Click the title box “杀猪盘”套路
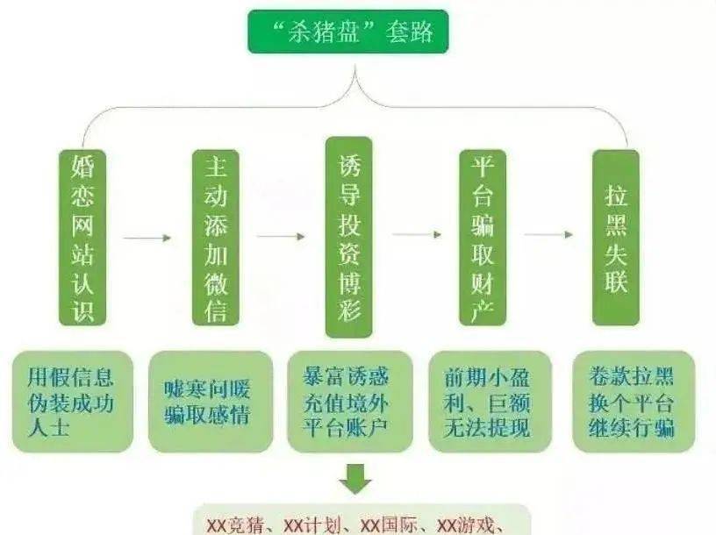click(348, 32)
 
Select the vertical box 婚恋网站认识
click(82, 238)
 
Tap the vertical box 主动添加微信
click(216, 238)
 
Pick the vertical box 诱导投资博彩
click(349, 237)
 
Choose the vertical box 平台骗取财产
click(483, 238)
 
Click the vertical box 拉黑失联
click(616, 238)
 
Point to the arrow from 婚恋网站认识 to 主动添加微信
click(147, 238)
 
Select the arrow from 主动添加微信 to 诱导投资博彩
click(281, 236)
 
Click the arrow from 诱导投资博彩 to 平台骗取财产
click(417, 234)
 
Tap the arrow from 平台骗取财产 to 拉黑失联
click(548, 234)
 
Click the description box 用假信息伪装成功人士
click(73, 402)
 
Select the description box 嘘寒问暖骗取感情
click(211, 402)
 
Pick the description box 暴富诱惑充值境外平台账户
click(350, 402)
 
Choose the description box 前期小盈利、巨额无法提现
click(490, 402)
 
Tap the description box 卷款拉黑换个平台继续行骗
click(634, 402)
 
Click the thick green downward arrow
click(355, 479)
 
